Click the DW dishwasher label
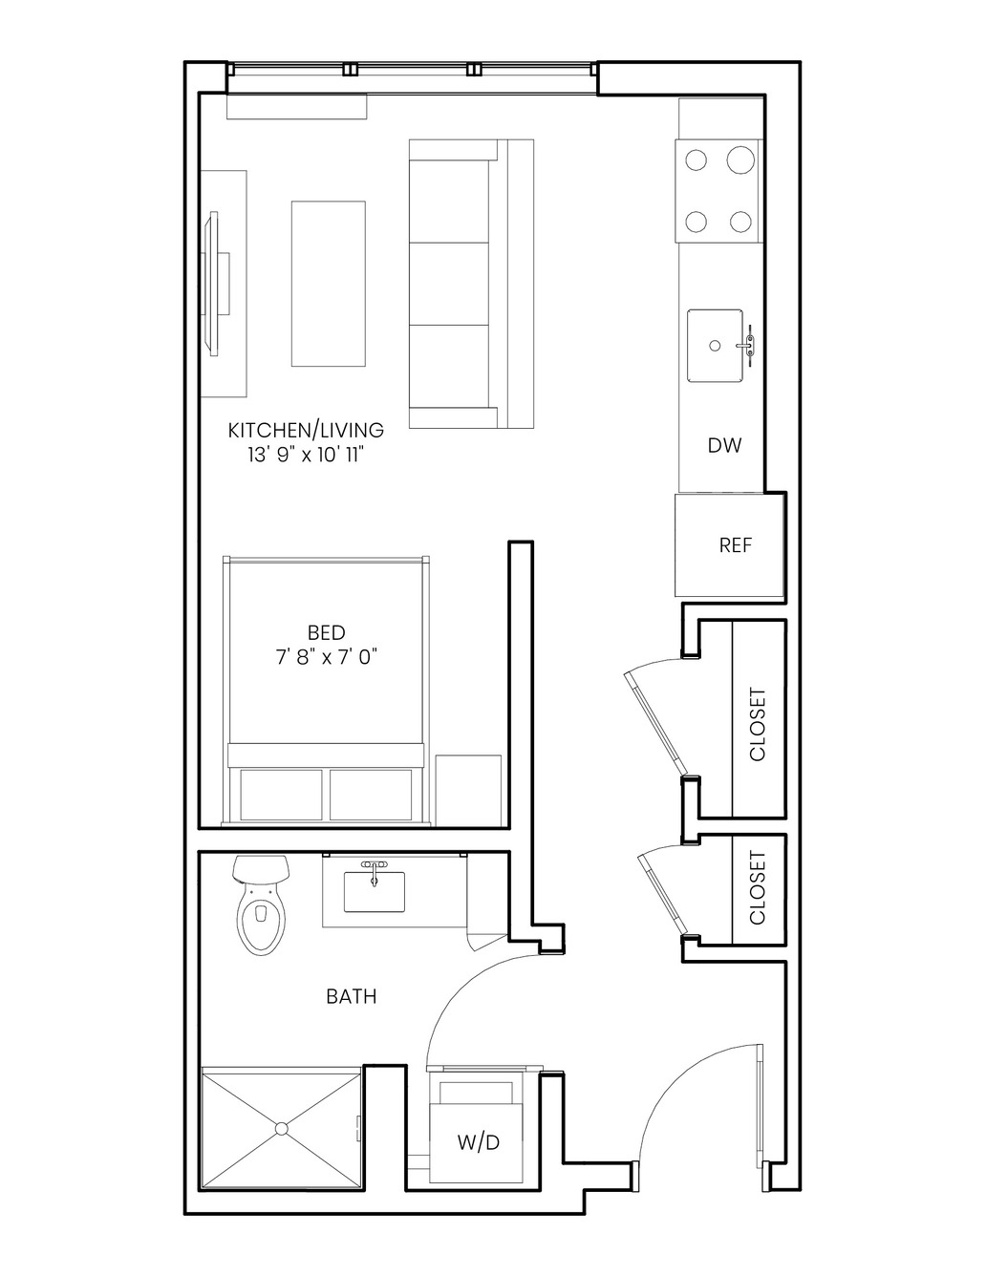click(x=724, y=446)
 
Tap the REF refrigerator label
click(x=736, y=545)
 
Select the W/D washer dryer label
click(x=479, y=1142)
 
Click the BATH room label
click(x=352, y=996)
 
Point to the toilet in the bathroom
click(x=262, y=904)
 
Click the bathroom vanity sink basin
click(x=375, y=891)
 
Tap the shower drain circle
click(x=281, y=1128)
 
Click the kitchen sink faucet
click(x=749, y=346)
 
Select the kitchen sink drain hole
click(x=715, y=346)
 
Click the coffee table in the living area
click(x=329, y=284)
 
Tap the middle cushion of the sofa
click(x=449, y=284)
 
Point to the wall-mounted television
click(x=216, y=283)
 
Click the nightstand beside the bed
click(x=468, y=791)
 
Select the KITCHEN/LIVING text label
click(x=306, y=431)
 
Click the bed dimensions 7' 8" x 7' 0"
click(x=327, y=658)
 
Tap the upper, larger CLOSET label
click(x=758, y=725)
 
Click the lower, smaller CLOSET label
click(x=758, y=888)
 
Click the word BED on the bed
click(x=327, y=632)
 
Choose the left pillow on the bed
click(x=281, y=795)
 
